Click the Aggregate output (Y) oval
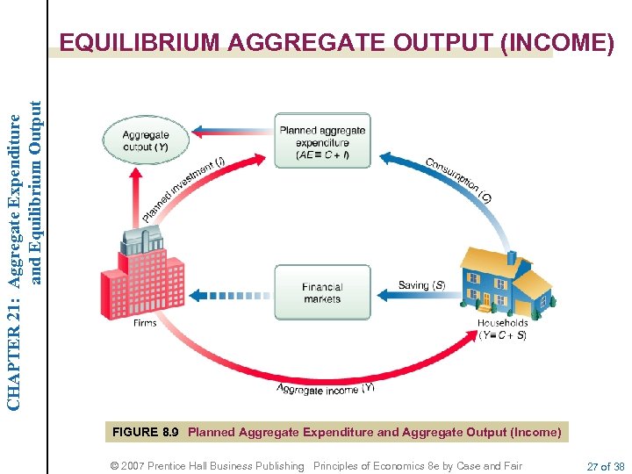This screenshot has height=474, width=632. coord(145,140)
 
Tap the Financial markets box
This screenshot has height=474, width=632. coord(322,292)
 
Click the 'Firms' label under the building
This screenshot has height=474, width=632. coord(145,323)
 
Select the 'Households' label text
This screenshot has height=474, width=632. coord(503,323)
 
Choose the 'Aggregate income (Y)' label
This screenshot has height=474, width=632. coord(325,389)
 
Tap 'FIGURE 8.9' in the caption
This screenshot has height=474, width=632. coord(146,432)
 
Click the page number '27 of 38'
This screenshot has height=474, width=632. coord(607,466)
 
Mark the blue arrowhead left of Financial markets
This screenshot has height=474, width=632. coord(197,294)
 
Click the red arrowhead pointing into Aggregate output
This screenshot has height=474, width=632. coord(134,174)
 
